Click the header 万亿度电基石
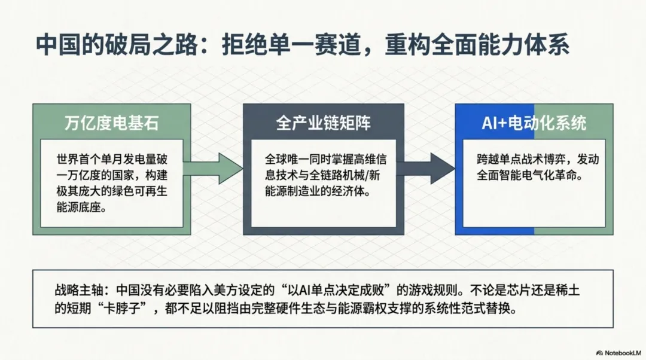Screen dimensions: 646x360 point(112,123)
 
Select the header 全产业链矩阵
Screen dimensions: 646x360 point(323,123)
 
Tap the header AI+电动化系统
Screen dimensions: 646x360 point(534,123)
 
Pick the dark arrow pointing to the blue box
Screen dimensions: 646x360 point(425,168)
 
